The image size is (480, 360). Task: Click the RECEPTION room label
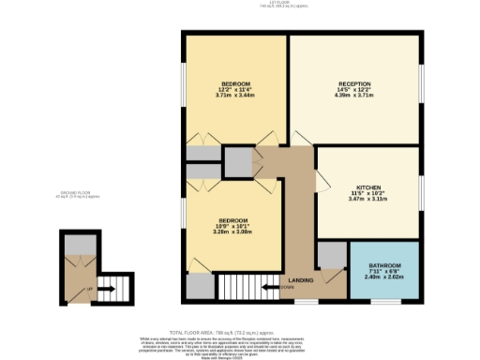(x=354, y=83)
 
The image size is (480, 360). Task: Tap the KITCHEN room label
(x=367, y=187)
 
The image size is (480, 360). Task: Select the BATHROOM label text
(x=382, y=265)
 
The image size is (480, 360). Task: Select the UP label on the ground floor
(x=89, y=289)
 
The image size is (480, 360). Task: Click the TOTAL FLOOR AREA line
(x=239, y=331)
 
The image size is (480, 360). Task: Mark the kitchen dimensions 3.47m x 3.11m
(x=367, y=198)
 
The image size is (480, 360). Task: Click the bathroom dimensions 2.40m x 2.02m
(x=382, y=277)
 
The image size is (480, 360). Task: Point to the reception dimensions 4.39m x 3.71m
(x=354, y=96)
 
